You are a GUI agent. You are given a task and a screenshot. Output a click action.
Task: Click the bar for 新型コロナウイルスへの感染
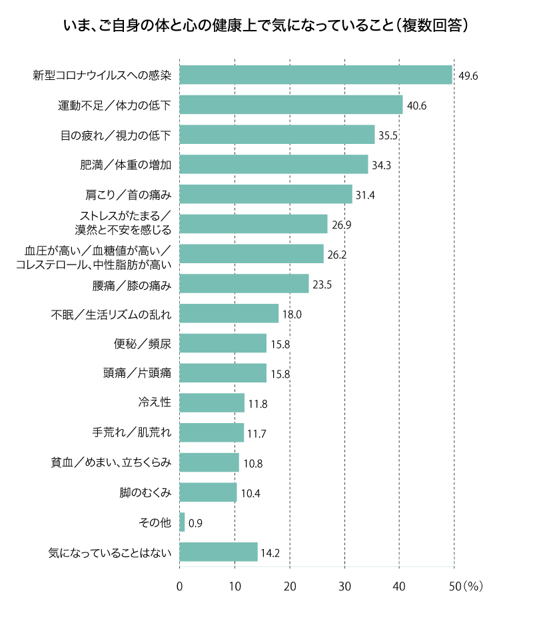[x=316, y=75]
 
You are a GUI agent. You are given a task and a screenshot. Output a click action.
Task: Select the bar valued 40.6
[x=291, y=105]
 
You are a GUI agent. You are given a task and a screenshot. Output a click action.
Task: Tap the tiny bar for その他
[x=182, y=522]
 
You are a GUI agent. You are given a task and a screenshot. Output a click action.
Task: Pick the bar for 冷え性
[x=212, y=403]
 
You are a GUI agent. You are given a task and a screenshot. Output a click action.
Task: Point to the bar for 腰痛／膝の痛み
[x=244, y=284]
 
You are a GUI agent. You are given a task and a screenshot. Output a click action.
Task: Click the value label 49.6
[x=468, y=76]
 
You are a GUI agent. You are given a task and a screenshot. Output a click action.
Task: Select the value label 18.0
[x=292, y=315]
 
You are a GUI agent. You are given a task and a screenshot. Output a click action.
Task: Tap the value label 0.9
[x=195, y=523]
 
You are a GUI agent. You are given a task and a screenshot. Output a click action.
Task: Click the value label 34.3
[x=382, y=165]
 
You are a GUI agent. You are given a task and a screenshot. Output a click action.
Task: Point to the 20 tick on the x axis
[x=290, y=586]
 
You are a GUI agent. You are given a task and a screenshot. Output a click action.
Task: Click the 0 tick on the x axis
[x=179, y=586]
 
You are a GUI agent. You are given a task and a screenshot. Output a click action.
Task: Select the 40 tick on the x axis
[x=399, y=586]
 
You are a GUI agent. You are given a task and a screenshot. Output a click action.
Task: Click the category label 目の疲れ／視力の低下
[x=116, y=135]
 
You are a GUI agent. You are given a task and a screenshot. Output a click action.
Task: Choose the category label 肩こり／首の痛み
[x=129, y=195]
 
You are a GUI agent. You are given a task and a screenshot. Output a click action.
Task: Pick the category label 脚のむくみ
[x=146, y=492]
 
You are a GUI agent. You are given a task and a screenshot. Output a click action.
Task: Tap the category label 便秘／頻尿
[x=143, y=344]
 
